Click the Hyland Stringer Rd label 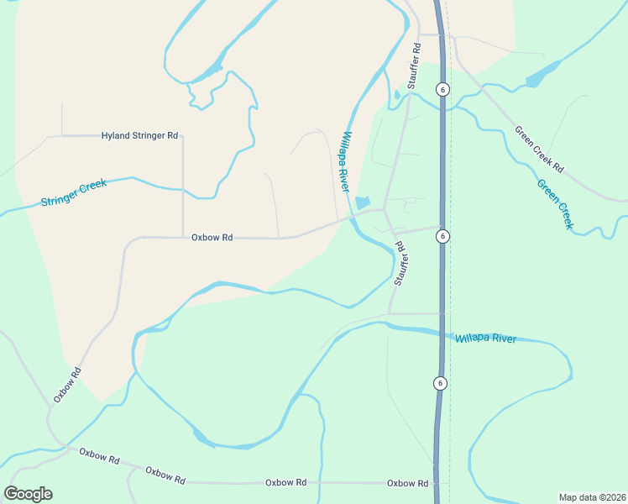click(139, 135)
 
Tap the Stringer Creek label click(76, 194)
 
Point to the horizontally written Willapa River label click(486, 339)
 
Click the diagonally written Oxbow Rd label click(67, 385)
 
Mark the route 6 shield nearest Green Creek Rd click(443, 89)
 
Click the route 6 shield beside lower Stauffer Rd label click(442, 237)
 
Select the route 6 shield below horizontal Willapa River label click(439, 383)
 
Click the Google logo click(29, 494)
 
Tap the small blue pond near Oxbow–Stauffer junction click(363, 202)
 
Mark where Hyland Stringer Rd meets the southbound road click(183, 135)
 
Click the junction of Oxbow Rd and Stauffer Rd click(384, 209)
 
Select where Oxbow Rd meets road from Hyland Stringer click(183, 238)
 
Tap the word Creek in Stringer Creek click(94, 190)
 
